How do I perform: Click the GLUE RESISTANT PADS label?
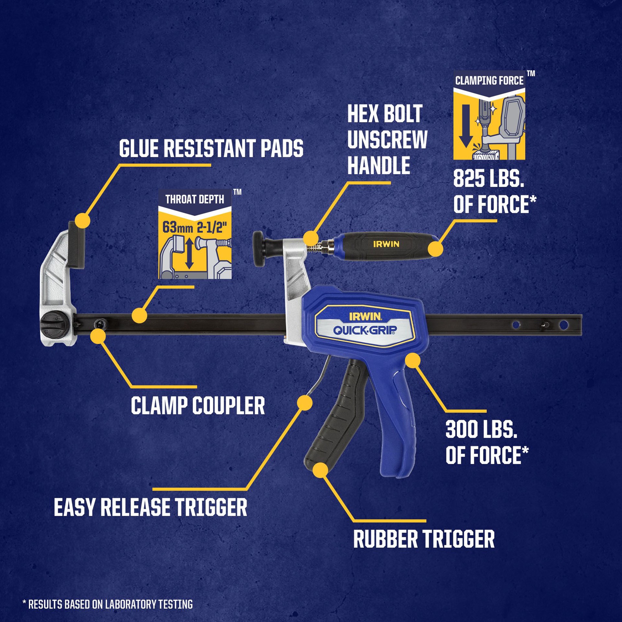(x=211, y=149)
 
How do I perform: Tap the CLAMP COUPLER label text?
(x=198, y=406)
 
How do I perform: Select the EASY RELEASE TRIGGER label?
(x=150, y=507)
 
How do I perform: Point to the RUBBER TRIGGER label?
(x=424, y=539)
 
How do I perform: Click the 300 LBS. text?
(x=481, y=430)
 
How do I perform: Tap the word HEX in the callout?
(x=360, y=114)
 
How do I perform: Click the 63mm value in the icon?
(x=177, y=227)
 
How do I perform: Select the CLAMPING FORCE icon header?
(x=489, y=81)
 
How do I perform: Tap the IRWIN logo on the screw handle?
(x=386, y=244)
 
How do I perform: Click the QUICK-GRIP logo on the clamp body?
(x=365, y=330)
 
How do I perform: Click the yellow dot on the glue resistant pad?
(x=82, y=221)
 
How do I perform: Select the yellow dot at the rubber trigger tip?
(x=321, y=470)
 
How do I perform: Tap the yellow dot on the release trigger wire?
(x=305, y=403)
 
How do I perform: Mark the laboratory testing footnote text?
(x=108, y=604)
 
